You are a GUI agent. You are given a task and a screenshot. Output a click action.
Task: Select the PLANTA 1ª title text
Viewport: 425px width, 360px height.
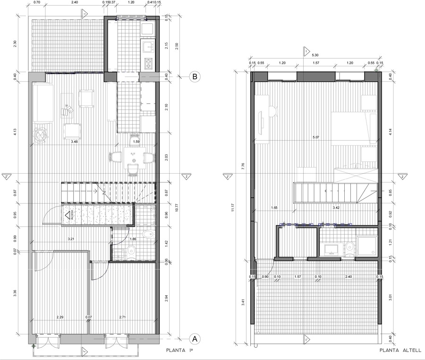tap(180, 351)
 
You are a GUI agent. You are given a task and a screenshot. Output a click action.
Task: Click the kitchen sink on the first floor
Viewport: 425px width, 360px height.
tap(148, 46)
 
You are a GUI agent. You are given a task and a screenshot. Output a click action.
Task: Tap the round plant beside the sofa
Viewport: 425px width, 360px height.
tap(41, 135)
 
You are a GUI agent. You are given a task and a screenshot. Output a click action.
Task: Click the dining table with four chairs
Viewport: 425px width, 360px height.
tap(133, 157)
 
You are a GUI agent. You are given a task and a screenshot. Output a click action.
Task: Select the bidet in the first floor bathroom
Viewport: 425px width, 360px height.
tap(147, 234)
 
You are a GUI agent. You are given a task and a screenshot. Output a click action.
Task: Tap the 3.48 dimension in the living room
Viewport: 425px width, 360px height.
tap(74, 141)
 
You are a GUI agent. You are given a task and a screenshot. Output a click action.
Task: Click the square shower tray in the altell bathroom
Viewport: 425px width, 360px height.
tap(367, 246)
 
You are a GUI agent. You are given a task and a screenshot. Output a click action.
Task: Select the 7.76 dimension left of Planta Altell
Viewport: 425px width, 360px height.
tap(242, 165)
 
